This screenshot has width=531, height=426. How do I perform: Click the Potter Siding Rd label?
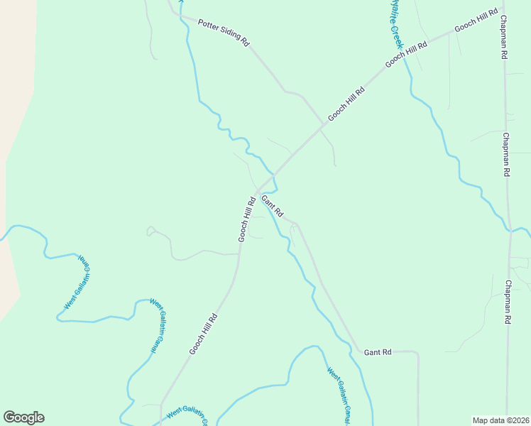[224, 32]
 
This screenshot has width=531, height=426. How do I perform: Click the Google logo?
[23, 417]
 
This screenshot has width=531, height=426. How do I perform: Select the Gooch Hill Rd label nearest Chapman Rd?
[477, 22]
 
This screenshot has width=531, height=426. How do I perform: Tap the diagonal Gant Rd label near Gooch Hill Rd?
[273, 206]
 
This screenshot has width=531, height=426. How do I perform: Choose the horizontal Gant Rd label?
[378, 352]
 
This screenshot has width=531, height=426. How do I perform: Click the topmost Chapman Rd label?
[505, 36]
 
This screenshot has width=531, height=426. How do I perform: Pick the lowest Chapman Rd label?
[508, 302]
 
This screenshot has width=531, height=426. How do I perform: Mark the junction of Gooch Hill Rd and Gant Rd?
[258, 192]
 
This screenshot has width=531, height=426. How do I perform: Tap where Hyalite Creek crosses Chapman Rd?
[509, 229]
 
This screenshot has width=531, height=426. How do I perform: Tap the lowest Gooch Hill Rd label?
[203, 334]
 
